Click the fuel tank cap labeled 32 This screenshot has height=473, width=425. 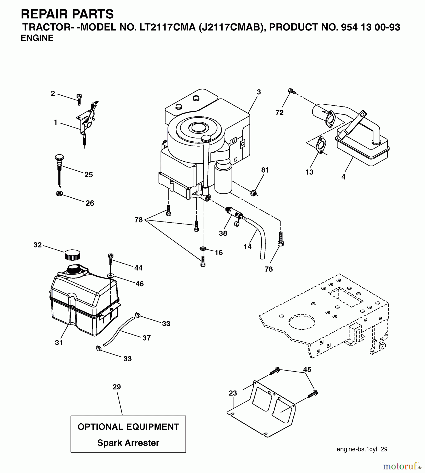tap(72, 254)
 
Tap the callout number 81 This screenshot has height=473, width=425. tap(265, 170)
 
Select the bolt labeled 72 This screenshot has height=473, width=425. tap(292, 91)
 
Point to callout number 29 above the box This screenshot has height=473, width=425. tap(117, 387)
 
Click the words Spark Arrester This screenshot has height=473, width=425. tap(128, 443)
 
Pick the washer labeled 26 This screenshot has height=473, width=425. tap(59, 194)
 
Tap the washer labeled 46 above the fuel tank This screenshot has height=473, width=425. tap(111, 276)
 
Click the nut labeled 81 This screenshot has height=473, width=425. tap(253, 193)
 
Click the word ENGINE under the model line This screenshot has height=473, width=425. tap(37, 38)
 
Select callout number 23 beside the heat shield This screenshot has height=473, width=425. tap(233, 393)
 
